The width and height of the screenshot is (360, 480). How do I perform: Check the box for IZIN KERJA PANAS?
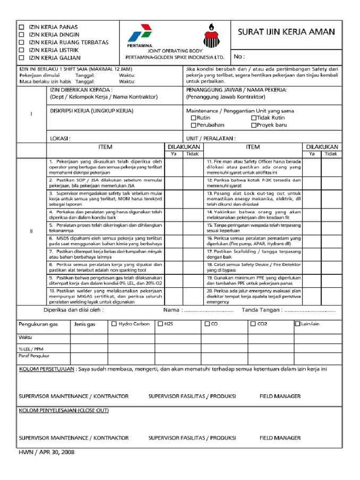pyautogui.click(x=21, y=27)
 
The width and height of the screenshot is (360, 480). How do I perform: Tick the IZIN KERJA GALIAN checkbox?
pyautogui.click(x=21, y=58)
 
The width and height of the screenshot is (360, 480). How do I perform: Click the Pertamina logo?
pyautogui.click(x=139, y=35)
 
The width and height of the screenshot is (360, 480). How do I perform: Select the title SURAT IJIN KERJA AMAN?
pyautogui.click(x=286, y=32)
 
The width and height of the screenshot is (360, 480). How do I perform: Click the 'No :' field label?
pyautogui.click(x=239, y=57)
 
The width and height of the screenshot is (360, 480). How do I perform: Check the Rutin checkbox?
pyautogui.click(x=193, y=118)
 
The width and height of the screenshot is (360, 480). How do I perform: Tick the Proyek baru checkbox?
pyautogui.click(x=254, y=126)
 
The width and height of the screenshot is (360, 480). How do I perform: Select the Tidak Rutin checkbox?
pyautogui.click(x=254, y=118)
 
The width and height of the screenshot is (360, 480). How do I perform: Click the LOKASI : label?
pyautogui.click(x=60, y=139)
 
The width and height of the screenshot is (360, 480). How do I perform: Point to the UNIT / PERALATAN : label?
pyautogui.click(x=210, y=139)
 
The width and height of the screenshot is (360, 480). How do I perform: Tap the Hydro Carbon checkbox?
pyautogui.click(x=114, y=324)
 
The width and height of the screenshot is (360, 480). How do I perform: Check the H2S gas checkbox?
pyautogui.click(x=160, y=324)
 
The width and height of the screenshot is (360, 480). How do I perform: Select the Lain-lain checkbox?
pyautogui.click(x=297, y=324)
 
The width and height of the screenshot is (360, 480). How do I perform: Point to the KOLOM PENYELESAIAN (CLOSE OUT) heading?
pyautogui.click(x=64, y=410)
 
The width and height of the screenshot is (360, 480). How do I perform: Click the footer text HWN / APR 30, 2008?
pyautogui.click(x=46, y=453)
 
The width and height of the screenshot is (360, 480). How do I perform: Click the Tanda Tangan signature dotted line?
pyautogui.click(x=310, y=310)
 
